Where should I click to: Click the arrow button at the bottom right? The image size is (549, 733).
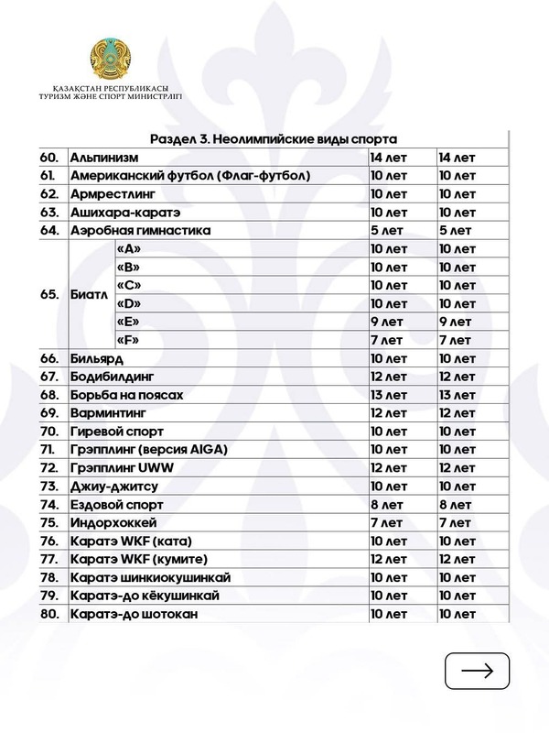click(x=477, y=670)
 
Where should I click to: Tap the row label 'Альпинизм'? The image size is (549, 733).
click(x=105, y=158)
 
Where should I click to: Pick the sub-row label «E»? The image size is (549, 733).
click(x=129, y=322)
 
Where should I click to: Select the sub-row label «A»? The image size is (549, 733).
click(x=129, y=248)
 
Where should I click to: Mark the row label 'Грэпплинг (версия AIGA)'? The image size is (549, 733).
click(x=148, y=450)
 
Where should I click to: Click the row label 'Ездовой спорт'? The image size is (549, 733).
click(x=116, y=505)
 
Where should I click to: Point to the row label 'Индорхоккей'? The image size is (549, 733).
click(x=113, y=522)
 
